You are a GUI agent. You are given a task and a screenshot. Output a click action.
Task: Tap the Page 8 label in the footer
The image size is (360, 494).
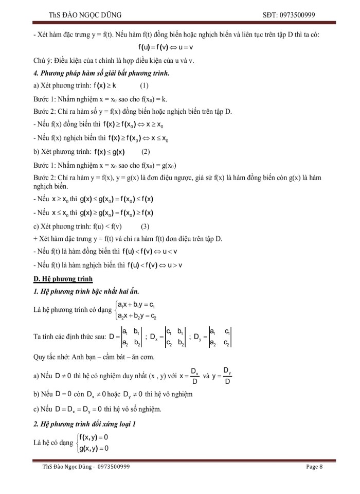[314, 467]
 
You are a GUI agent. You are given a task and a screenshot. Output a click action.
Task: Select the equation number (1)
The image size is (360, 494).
[145, 85]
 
